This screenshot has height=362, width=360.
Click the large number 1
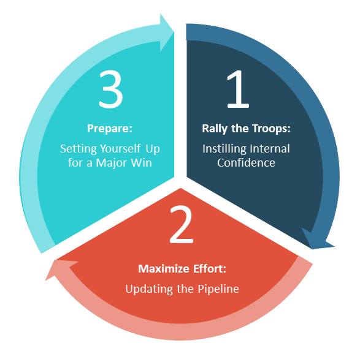(238, 89)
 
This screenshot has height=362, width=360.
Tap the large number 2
(182, 224)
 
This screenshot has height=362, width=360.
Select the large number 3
(110, 89)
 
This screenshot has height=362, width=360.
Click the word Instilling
(224, 149)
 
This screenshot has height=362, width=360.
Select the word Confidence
(246, 163)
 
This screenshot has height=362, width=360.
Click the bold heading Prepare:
(110, 129)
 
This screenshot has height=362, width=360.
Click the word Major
(112, 163)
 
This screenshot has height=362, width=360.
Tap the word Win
(142, 163)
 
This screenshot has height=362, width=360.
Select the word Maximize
(164, 269)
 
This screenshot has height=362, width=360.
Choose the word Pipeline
(218, 289)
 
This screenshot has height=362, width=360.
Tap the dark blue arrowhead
(316, 240)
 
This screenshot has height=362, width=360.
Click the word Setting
(78, 149)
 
